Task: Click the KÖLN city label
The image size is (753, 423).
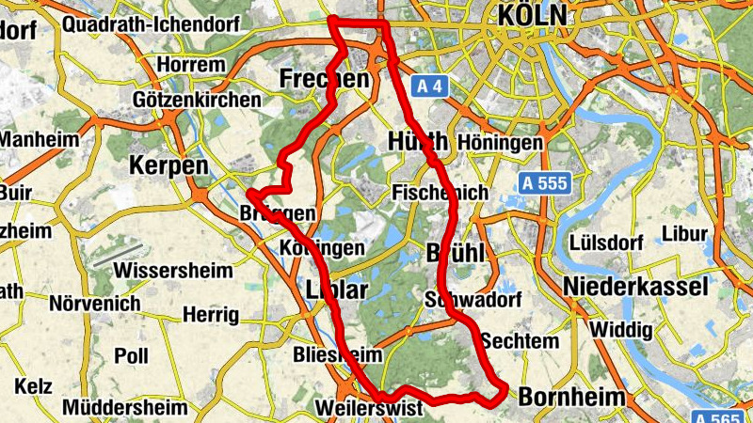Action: (534, 15)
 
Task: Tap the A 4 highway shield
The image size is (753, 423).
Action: (429, 86)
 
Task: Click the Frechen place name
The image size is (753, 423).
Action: (324, 79)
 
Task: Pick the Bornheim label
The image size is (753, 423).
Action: (571, 397)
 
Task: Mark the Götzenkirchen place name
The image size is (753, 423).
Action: (197, 100)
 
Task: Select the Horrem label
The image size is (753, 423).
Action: (193, 65)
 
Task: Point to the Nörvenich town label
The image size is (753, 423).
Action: (94, 305)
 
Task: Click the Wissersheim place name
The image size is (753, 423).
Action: (172, 271)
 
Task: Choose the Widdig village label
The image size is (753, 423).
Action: (621, 331)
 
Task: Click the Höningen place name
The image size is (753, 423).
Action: (504, 143)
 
